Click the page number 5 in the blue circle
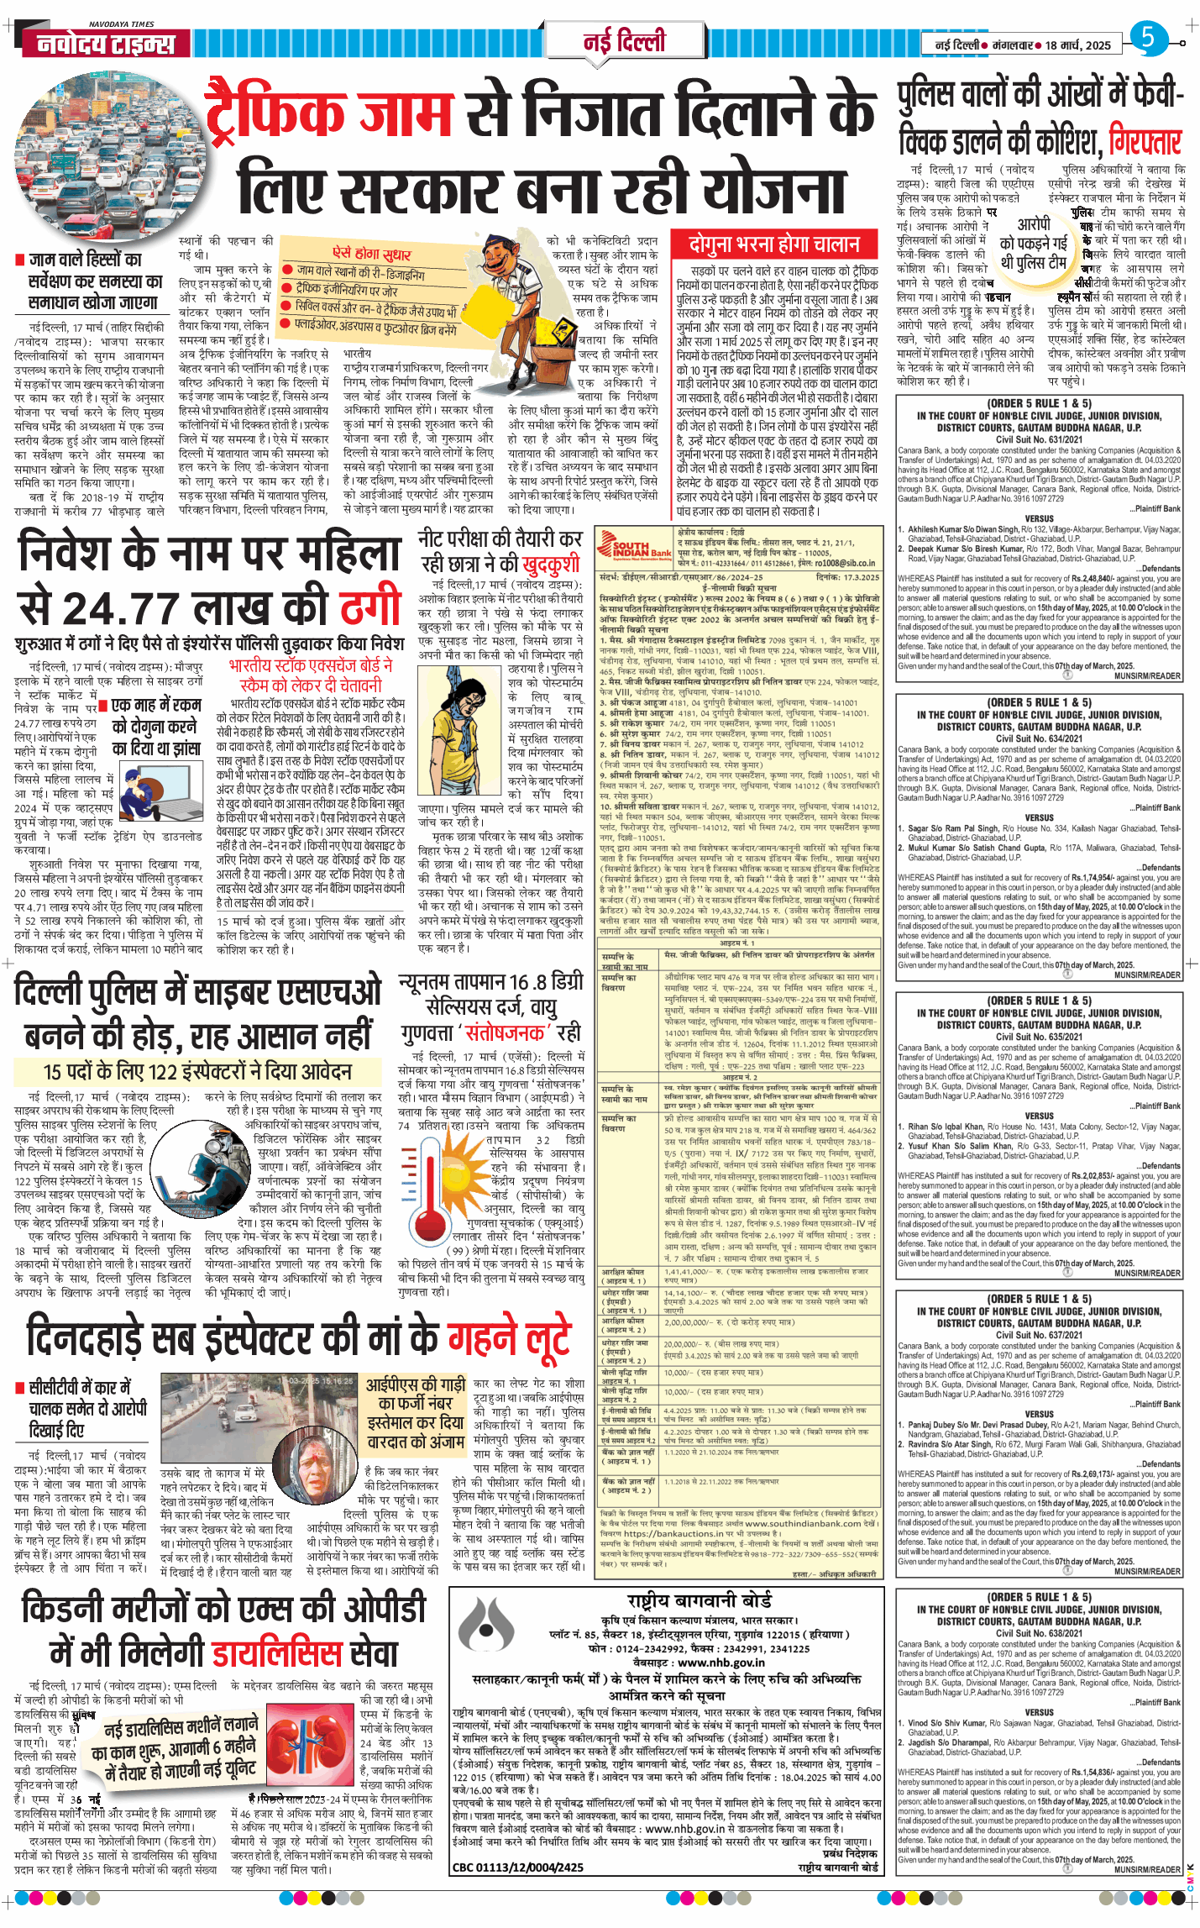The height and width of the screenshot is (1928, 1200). pyautogui.click(x=1148, y=38)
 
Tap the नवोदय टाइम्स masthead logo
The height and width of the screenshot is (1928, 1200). pyautogui.click(x=106, y=44)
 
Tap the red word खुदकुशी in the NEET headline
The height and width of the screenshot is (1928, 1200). pyautogui.click(x=550, y=563)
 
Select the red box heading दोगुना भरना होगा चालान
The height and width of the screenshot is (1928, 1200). pyautogui.click(x=774, y=244)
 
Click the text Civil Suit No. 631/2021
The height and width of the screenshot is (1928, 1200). pyautogui.click(x=1039, y=439)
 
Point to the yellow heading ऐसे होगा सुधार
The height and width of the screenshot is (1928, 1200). pyautogui.click(x=371, y=253)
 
